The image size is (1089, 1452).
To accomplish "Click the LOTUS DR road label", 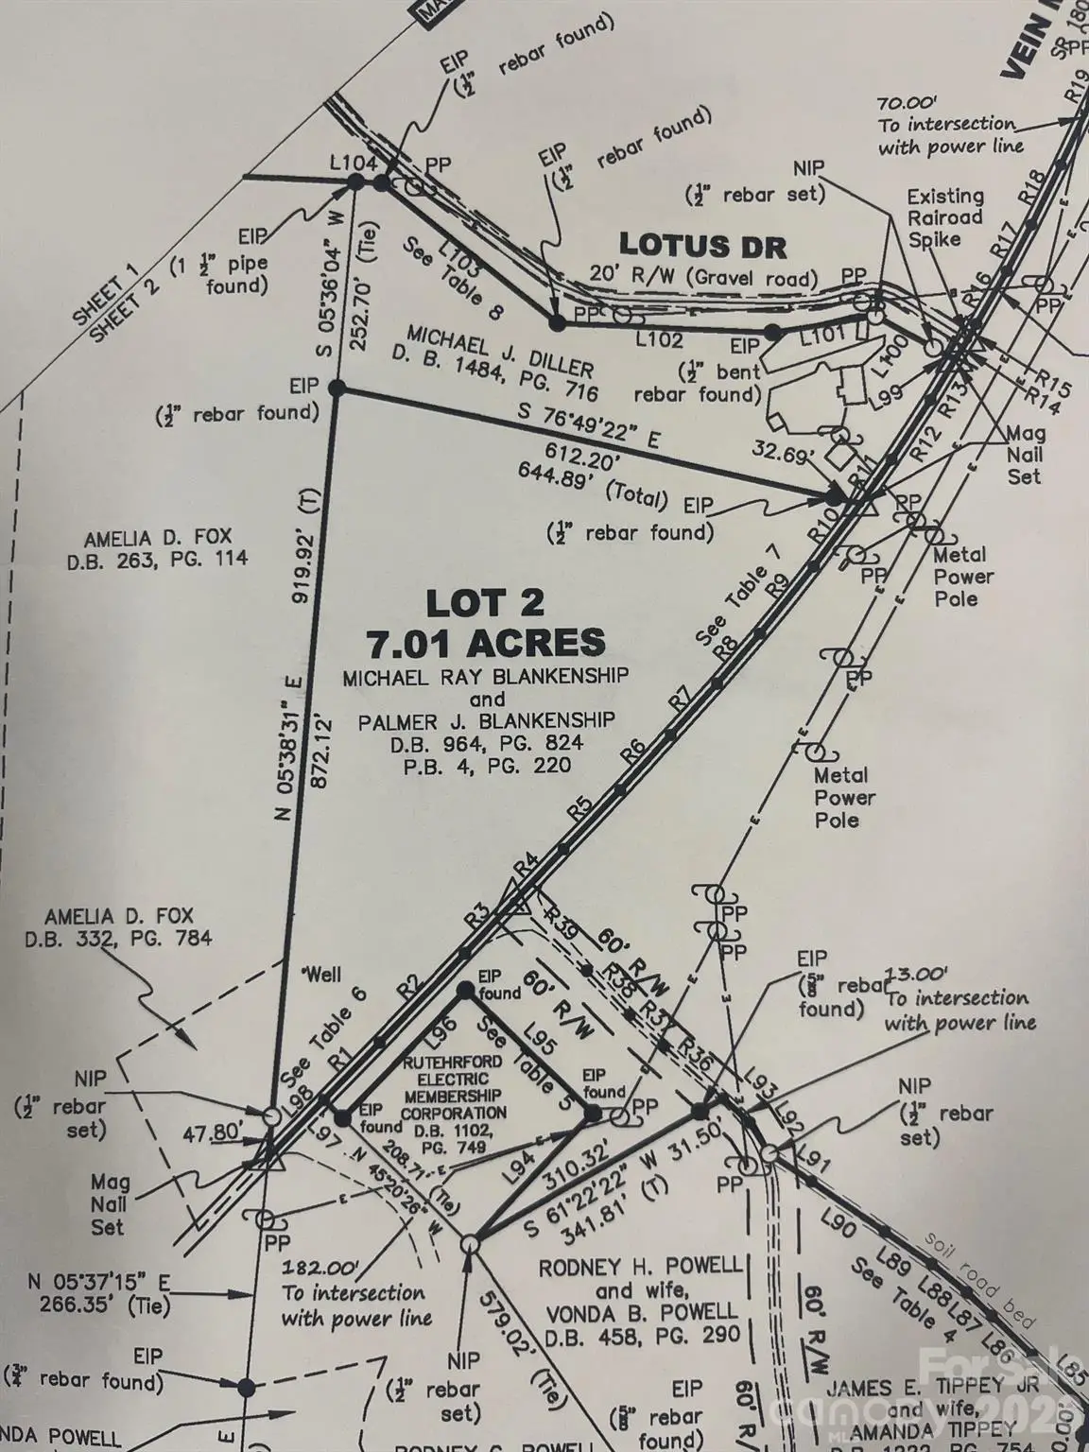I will [x=702, y=247].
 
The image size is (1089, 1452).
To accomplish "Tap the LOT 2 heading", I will [x=484, y=602].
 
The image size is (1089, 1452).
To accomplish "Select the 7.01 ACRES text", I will [x=486, y=643].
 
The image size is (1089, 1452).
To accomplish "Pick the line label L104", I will [x=353, y=163].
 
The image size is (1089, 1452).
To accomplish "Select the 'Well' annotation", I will [x=320, y=975].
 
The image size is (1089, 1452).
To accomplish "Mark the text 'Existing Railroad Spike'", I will [x=945, y=217].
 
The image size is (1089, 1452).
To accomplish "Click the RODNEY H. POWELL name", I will [x=640, y=1267].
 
